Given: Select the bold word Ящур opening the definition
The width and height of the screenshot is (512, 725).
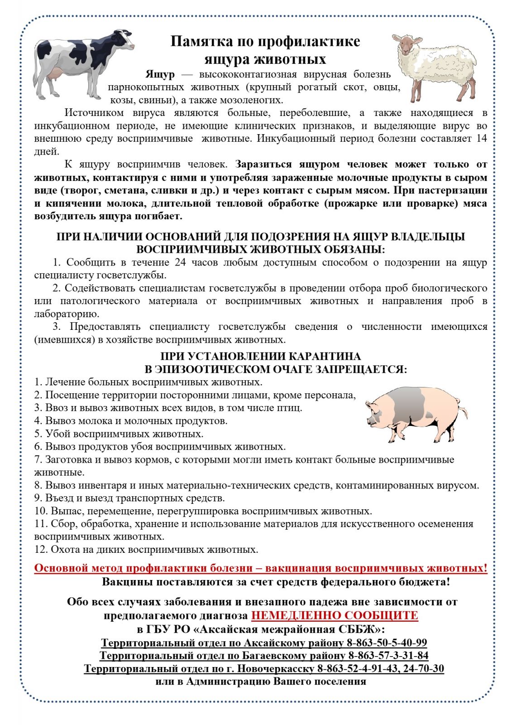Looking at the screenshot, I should click(x=160, y=74).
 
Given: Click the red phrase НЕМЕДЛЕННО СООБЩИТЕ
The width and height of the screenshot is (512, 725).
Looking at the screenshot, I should click(x=335, y=615).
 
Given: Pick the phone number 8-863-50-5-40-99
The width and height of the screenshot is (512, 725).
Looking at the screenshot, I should click(x=387, y=643).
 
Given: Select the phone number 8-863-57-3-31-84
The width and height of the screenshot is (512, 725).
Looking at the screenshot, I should click(x=388, y=655).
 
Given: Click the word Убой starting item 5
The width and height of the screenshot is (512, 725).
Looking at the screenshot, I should click(x=57, y=434).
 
